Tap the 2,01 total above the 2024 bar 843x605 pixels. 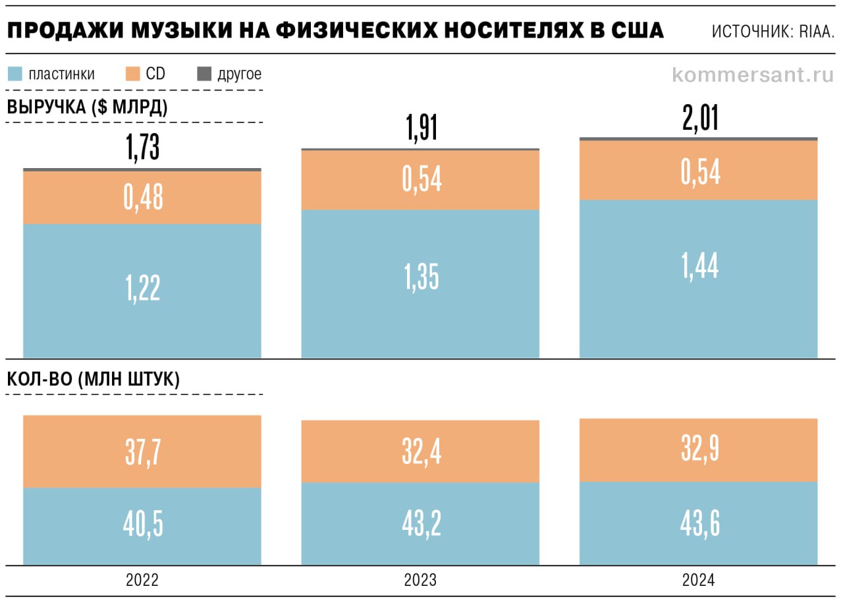(699, 118)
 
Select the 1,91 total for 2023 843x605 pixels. (421, 129)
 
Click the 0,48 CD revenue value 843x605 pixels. (142, 198)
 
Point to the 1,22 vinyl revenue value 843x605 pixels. (142, 288)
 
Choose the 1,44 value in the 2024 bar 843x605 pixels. (699, 266)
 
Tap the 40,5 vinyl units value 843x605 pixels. (142, 524)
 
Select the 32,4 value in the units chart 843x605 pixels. (421, 452)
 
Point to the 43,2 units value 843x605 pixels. (421, 523)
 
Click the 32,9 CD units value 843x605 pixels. (699, 450)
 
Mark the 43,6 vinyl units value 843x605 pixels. (699, 523)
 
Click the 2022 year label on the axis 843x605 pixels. (142, 581)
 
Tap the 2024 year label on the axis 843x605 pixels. (699, 581)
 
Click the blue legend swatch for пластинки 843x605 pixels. (15, 74)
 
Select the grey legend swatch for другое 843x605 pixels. (204, 74)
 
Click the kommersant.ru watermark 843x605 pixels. (753, 74)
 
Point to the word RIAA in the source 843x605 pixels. (817, 32)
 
